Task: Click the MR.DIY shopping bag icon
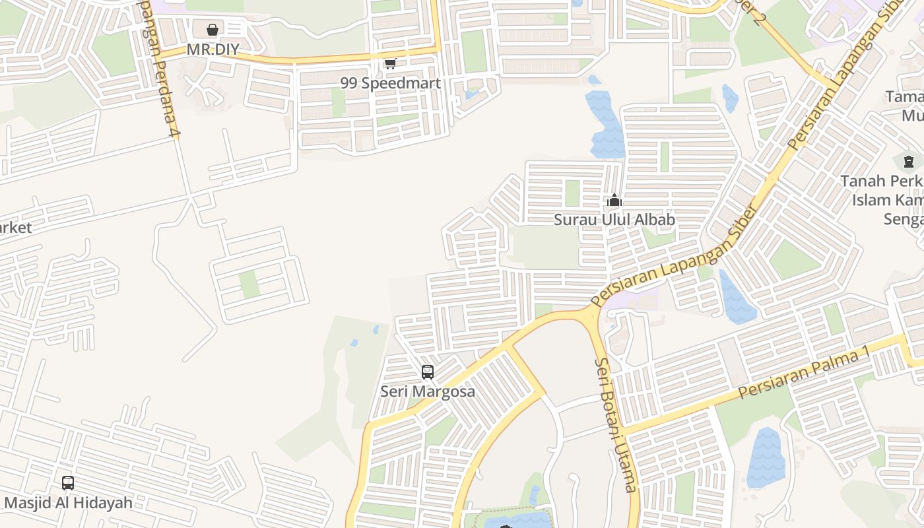(x=213, y=30)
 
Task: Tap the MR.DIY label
(x=213, y=49)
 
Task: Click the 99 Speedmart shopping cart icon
(x=390, y=63)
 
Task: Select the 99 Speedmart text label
(x=390, y=83)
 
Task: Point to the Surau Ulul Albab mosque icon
(x=614, y=199)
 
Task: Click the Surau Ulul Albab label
(x=614, y=220)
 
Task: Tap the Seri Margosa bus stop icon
(x=428, y=372)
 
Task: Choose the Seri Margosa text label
(x=428, y=391)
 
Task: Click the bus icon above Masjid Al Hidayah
(x=68, y=482)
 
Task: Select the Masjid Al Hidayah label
(x=68, y=503)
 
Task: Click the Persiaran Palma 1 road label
(x=804, y=374)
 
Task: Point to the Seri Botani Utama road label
(x=616, y=425)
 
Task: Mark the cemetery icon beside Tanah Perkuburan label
(x=909, y=160)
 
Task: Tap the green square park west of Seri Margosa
(x=249, y=284)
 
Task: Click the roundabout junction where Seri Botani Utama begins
(x=589, y=317)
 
